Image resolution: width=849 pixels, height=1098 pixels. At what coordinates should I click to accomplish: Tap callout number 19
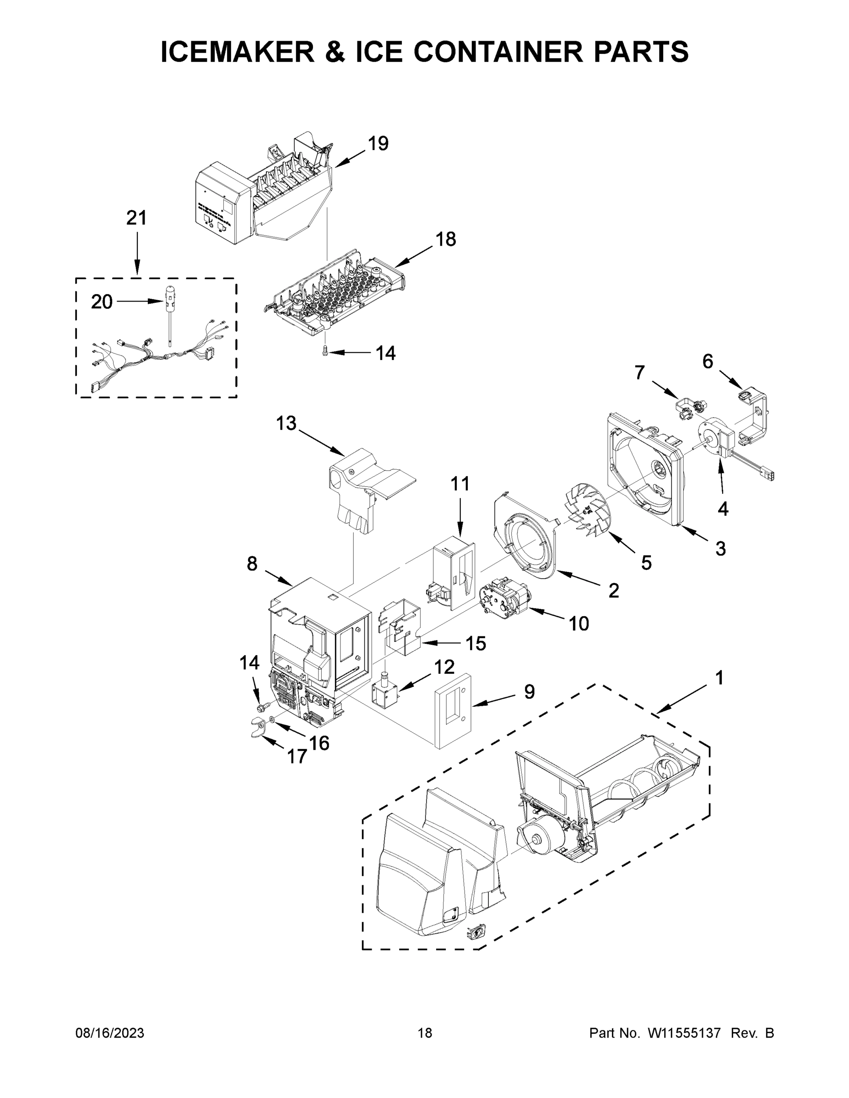point(378,144)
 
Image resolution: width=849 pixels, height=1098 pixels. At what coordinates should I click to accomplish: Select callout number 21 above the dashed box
point(136,218)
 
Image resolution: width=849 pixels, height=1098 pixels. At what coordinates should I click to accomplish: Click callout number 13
point(286,423)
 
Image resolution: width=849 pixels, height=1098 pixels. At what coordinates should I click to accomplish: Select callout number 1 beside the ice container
point(719,678)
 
